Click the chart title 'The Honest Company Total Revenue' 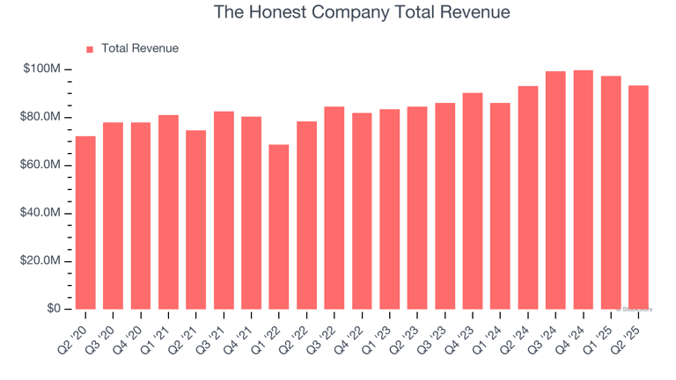tap(362, 13)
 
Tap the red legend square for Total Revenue tap(89, 49)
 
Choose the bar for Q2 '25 tap(639, 197)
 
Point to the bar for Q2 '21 tap(196, 220)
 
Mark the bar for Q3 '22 tap(334, 208)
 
